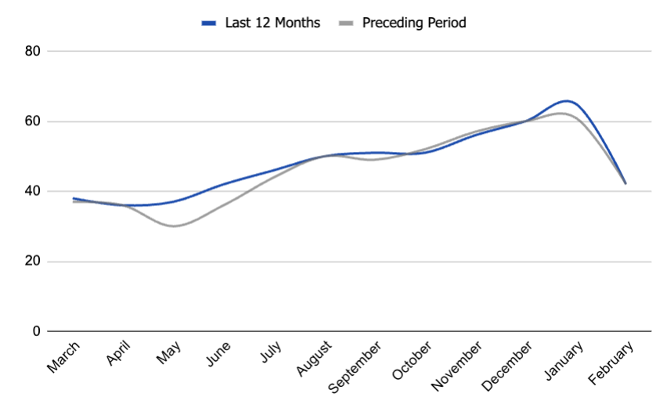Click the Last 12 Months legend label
click(x=272, y=23)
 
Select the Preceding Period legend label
click(x=414, y=23)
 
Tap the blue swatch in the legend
click(x=208, y=23)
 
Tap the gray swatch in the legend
click(x=345, y=23)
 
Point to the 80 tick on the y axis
click(x=32, y=51)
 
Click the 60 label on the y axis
click(x=32, y=121)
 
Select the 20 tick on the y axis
click(x=32, y=262)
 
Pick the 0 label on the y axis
click(x=36, y=331)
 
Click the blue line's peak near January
click(x=566, y=101)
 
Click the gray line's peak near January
click(x=561, y=114)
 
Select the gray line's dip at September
click(x=372, y=160)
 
